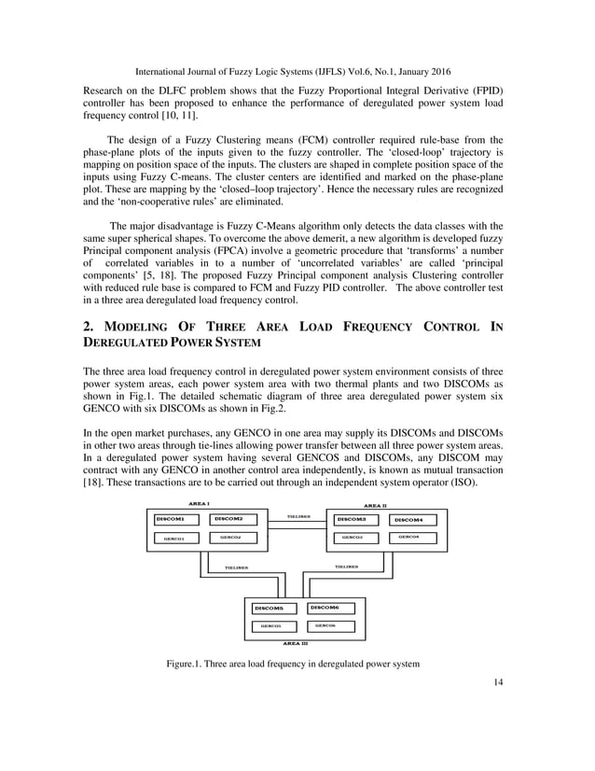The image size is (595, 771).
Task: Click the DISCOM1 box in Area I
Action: click(174, 518)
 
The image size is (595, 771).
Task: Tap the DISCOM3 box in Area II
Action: click(353, 518)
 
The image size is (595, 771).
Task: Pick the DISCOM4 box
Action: click(410, 519)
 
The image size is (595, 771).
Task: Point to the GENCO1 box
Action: click(174, 538)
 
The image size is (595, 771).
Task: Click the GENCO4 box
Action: click(409, 537)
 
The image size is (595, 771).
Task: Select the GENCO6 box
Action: click(326, 625)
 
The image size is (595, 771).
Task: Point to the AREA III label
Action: click(296, 643)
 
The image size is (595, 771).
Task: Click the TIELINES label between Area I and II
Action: click(298, 516)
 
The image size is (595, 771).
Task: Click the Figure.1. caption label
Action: click(189, 664)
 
